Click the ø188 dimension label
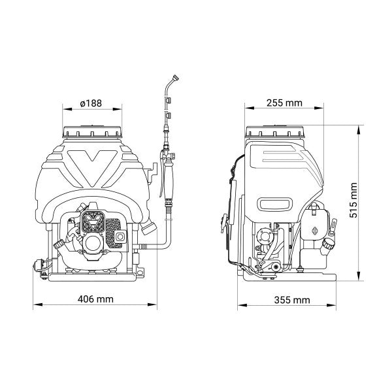pyautogui.click(x=91, y=103)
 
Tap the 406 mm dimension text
pyautogui.click(x=95, y=299)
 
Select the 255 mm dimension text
pyautogui.click(x=284, y=103)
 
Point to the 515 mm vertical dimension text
pyautogui.click(x=353, y=201)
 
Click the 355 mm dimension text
pyautogui.click(x=292, y=300)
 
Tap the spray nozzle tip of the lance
pyautogui.click(x=176, y=77)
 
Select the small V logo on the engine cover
pyautogui.click(x=93, y=221)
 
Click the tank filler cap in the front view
pyautogui.click(x=92, y=132)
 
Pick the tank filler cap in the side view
pyautogui.click(x=275, y=132)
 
